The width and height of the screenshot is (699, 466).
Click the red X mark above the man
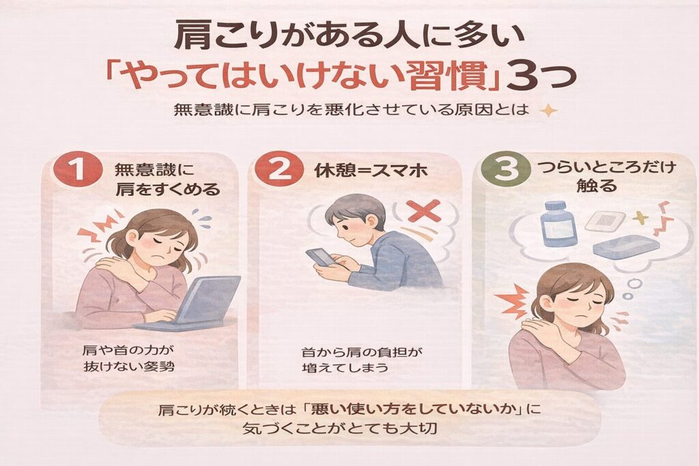(423, 210)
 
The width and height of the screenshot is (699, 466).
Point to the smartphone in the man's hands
(319, 259)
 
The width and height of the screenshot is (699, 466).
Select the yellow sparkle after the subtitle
(548, 110)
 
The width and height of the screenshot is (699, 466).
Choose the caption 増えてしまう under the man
(345, 368)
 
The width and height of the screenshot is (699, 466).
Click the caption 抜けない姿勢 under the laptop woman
(129, 366)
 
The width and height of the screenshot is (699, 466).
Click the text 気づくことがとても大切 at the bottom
(339, 428)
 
